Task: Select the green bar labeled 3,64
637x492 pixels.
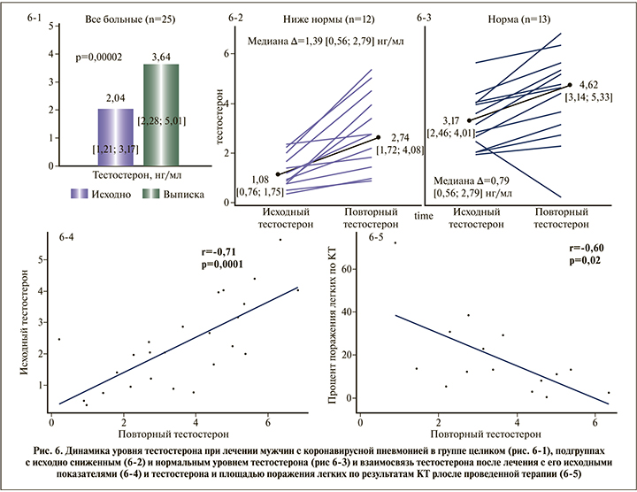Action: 161,115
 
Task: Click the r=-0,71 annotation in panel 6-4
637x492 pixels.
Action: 224,251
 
